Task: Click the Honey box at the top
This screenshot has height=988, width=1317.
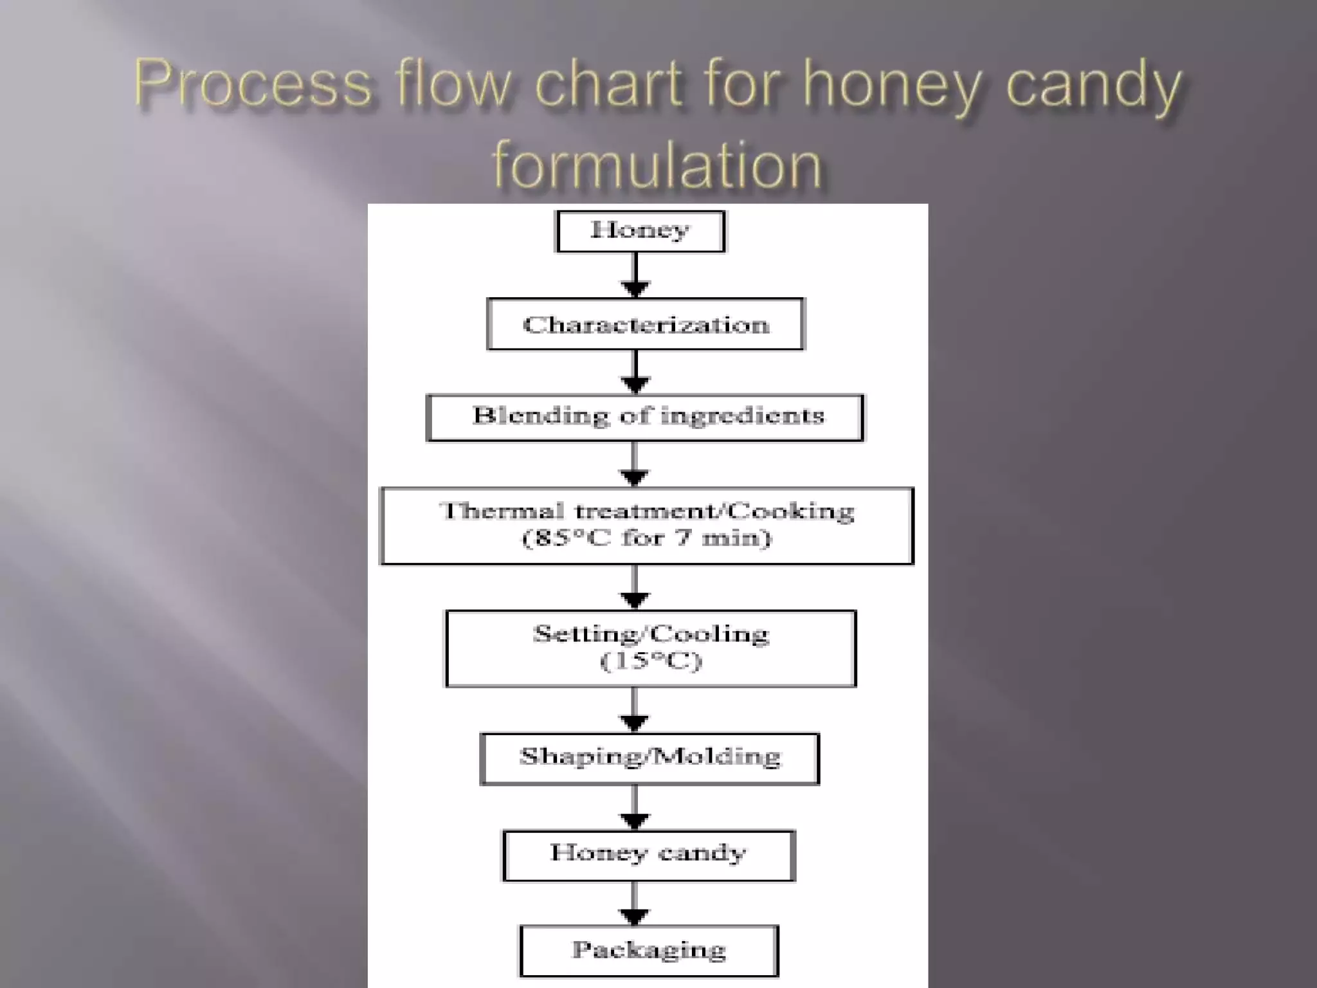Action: pos(640,231)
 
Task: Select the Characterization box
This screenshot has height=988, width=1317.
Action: pos(646,324)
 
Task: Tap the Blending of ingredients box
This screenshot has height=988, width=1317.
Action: pos(645,417)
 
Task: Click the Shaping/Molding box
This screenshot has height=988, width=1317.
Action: pos(649,758)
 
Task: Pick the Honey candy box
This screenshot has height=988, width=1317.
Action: pos(649,855)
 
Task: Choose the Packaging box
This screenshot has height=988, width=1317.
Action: pos(649,951)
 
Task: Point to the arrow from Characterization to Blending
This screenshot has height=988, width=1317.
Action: pos(635,372)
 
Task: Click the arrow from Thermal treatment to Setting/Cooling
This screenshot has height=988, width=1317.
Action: pos(635,587)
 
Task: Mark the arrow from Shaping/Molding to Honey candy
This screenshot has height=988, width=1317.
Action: pos(635,808)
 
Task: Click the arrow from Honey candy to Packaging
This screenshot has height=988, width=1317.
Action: pos(635,903)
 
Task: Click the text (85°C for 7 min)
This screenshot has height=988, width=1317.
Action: pos(646,538)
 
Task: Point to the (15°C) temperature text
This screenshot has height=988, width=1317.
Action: pos(650,661)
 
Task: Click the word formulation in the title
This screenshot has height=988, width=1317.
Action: pos(657,165)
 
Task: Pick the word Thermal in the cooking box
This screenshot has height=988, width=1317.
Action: pos(502,511)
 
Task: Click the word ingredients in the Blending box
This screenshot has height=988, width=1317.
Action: pos(742,416)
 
